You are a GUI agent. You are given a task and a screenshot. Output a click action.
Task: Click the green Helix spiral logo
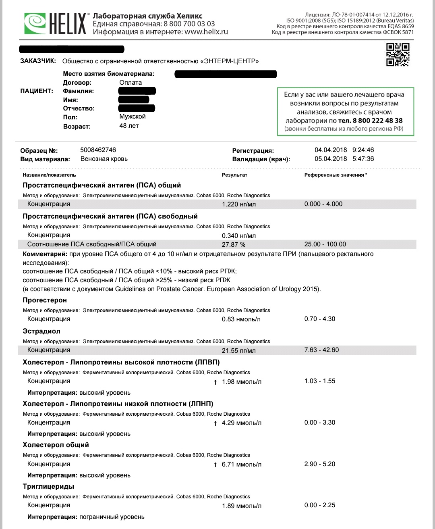35,23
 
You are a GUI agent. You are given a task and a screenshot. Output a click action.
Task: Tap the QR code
398,54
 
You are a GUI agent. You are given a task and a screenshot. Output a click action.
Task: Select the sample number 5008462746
98,150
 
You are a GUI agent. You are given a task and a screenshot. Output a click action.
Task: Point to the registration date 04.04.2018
331,150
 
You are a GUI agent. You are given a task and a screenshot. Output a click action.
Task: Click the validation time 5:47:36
363,159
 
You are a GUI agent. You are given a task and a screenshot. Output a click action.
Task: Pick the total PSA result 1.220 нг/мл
239,204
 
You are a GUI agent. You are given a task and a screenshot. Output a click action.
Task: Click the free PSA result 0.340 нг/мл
239,235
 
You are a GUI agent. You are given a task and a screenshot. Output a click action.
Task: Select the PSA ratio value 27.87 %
234,245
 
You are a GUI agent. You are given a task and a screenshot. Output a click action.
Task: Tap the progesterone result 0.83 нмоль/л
241,319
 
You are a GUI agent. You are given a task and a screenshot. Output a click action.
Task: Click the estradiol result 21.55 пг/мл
239,350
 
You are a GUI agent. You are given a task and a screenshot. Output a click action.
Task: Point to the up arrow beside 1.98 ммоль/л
215,382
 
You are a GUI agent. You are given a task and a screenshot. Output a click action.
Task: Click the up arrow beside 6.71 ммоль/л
215,465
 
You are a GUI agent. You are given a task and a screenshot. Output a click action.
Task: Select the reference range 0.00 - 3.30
320,423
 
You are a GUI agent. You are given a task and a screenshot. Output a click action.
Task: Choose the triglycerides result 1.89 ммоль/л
242,506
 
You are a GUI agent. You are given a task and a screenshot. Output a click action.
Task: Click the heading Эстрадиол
41,331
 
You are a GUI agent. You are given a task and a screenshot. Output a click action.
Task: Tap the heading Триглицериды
48,487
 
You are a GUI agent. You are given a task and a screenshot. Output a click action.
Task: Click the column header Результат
234,175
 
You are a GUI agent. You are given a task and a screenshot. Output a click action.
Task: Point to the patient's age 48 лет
129,126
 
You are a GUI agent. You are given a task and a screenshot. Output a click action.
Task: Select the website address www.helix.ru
206,32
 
